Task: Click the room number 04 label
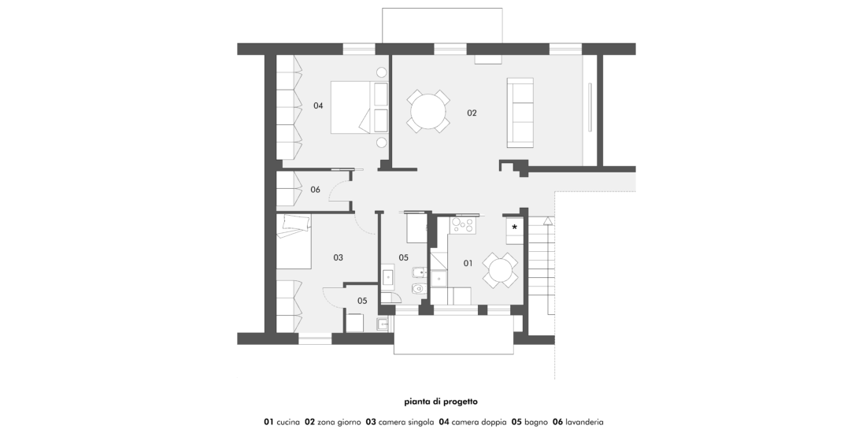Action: [x=318, y=105]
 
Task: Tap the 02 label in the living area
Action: [x=472, y=113]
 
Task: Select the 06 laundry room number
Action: [x=315, y=190]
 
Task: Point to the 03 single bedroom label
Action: [x=338, y=257]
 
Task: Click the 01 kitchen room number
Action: [x=468, y=264]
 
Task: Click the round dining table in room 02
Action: [x=428, y=111]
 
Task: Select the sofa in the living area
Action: [x=520, y=113]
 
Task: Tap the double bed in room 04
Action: [x=359, y=107]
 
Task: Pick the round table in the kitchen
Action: [x=501, y=271]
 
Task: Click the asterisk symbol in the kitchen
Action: [x=515, y=227]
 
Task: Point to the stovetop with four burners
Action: [x=463, y=225]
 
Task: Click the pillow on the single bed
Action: [x=297, y=224]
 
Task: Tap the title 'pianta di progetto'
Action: [x=440, y=402]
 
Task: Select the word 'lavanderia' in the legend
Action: [x=584, y=422]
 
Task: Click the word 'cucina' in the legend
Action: [x=287, y=422]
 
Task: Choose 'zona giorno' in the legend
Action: [x=339, y=422]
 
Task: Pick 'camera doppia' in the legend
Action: [x=479, y=422]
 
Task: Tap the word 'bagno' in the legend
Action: [x=535, y=422]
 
